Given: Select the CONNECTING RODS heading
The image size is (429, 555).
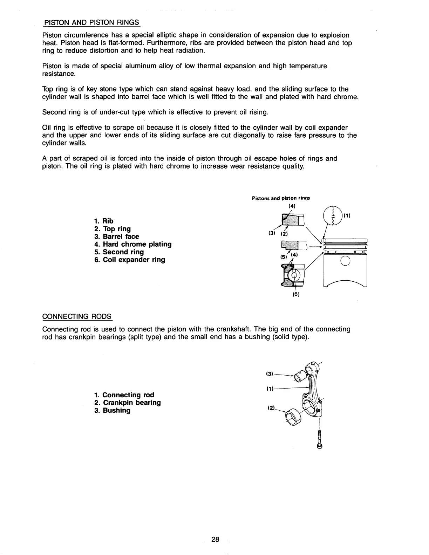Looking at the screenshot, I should click(77, 317).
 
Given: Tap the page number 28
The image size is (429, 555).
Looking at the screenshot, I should click(215, 539).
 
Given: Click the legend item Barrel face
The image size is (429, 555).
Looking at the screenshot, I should click(117, 237).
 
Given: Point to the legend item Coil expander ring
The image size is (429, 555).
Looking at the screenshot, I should click(130, 260).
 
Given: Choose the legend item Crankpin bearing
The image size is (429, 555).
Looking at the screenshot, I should click(128, 403).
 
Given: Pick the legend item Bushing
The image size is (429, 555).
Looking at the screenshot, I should click(112, 410).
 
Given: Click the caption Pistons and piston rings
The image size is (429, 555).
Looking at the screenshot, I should click(281, 198).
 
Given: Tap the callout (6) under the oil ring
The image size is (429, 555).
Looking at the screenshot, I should click(296, 294).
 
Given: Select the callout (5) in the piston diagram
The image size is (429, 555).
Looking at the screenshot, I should click(283, 256).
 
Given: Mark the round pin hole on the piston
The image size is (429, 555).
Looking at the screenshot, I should click(345, 261).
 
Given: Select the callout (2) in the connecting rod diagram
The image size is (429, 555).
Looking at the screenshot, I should click(271, 408).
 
